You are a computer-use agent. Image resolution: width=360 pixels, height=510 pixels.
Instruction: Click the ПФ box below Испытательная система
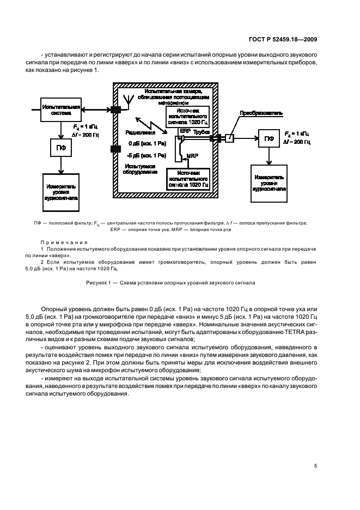pos(61,147)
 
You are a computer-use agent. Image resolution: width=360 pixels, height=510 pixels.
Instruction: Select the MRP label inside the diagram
pos(192,156)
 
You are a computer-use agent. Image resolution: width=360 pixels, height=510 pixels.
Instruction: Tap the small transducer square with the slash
pos(230,139)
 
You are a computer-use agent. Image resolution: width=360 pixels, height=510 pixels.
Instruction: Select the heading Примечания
pos(60,241)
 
